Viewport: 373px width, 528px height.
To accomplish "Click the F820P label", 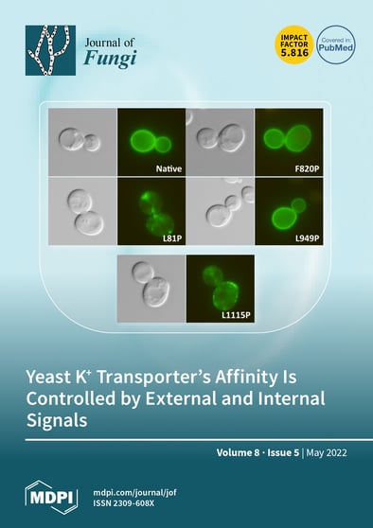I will (304, 170).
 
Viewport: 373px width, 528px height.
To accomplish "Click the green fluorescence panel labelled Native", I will (151, 143).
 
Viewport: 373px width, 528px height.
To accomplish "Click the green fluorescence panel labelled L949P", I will (290, 217).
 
